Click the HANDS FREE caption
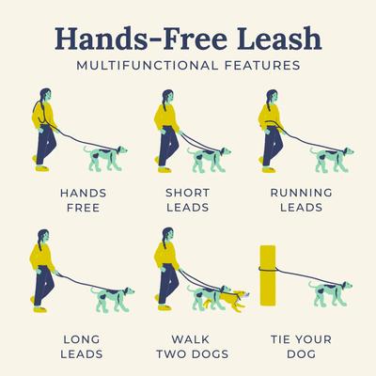[83, 201]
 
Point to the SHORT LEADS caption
[188, 201]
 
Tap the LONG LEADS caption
[83, 347]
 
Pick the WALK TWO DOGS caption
[188, 347]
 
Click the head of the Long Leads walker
[43, 235]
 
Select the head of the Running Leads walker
[268, 96]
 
